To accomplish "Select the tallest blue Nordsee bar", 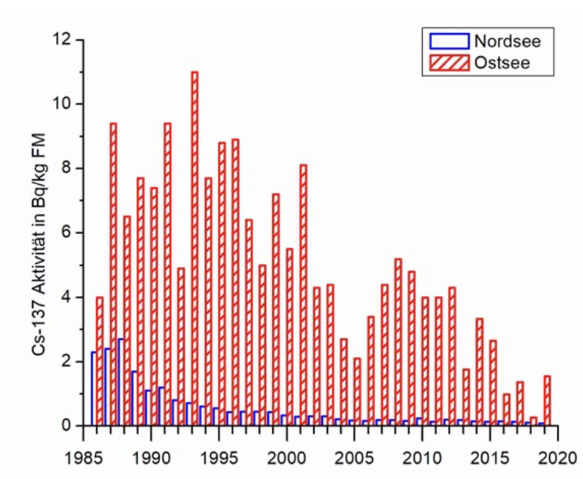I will click(x=120, y=382).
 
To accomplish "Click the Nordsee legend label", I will click(x=504, y=42).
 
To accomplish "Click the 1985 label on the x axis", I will click(x=83, y=457).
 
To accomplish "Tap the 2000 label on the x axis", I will click(x=286, y=457).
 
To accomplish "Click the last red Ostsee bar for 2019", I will click(x=547, y=401).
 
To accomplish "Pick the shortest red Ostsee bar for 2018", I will click(x=534, y=421).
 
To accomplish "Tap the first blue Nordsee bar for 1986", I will click(x=93, y=389).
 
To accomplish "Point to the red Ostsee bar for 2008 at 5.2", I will click(x=398, y=342).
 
